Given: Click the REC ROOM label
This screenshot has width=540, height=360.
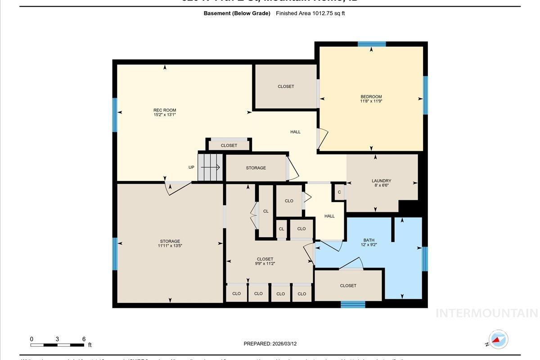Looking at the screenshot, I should coord(165,110).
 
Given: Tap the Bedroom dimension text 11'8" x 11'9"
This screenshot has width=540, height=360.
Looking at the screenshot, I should coord(371,101).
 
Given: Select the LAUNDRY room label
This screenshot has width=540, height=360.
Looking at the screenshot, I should coord(381,181).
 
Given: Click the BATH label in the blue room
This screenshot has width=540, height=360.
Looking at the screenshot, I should coord(369,240).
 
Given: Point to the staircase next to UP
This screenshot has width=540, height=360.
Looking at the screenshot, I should coord(211,167).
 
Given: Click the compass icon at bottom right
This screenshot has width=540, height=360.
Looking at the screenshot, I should coord(498,339).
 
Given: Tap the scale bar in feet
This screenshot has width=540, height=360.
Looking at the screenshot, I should coord(57,345).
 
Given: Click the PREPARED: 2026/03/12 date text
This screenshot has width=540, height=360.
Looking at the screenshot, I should coord(270,344).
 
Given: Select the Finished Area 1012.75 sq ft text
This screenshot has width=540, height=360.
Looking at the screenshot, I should coord(310,13).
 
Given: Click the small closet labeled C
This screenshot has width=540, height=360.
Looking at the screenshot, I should coord(339,192).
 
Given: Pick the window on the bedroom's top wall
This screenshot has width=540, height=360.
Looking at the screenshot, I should coord(372,44).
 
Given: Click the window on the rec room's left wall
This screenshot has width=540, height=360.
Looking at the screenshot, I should coord(115,115).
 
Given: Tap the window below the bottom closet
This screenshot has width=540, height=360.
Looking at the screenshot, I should coord(353,305).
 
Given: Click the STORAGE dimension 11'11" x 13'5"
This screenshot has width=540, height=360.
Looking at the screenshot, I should coord(170,246).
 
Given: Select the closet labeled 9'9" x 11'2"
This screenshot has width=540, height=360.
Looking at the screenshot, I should coord(265,264).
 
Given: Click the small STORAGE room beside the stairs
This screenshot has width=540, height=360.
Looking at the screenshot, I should coord(256,168).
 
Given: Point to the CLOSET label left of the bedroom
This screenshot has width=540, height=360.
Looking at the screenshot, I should coord(286,86).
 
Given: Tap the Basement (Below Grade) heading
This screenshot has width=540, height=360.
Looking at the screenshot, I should coord(237,13).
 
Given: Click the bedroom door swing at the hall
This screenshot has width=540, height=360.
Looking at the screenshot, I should coord(323,138).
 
